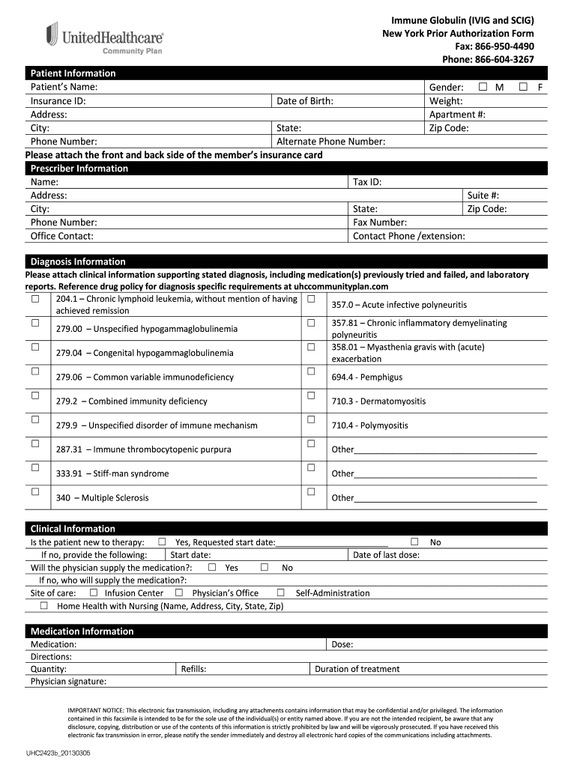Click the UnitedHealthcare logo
[104, 37]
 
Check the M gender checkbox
[483, 87]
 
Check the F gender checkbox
[525, 87]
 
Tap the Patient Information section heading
[73, 73]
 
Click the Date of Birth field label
[305, 101]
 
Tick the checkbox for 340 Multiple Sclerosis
[35, 492]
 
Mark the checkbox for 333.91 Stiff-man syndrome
[35, 467]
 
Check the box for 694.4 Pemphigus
[310, 372]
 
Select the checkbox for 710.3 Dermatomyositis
[310, 395]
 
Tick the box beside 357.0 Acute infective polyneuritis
[310, 299]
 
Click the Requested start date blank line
[331, 542]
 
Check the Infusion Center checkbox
[94, 592]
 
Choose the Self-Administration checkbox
[280, 592]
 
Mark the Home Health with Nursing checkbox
[44, 605]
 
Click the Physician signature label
[68, 682]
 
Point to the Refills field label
[193, 669]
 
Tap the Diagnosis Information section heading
[77, 261]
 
